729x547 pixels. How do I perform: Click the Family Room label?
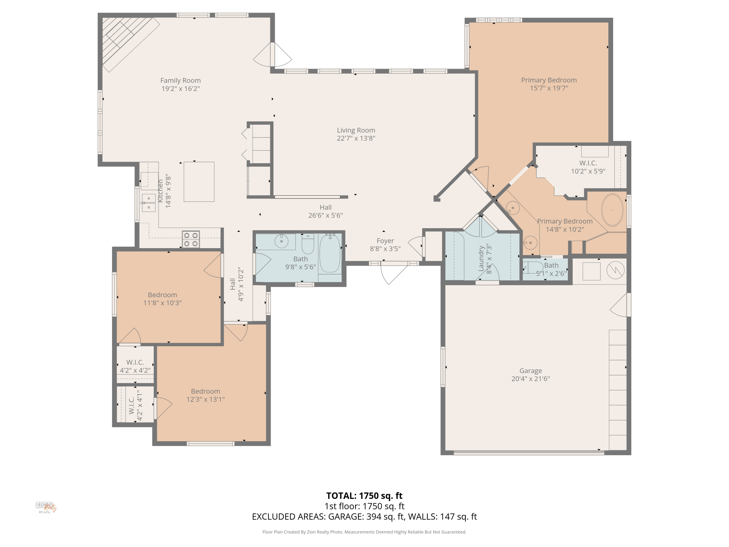pos(180,80)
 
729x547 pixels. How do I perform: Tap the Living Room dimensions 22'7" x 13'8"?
pos(356,138)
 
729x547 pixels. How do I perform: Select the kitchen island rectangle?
pos(199,182)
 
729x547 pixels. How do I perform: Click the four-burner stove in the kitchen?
pos(191,239)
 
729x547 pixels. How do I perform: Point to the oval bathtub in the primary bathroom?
pos(612,210)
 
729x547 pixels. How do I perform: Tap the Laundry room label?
pos(481,259)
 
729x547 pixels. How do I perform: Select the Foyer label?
pos(385,241)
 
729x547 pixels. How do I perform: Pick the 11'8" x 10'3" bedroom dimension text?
pos(163,303)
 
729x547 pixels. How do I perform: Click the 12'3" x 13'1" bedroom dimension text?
pos(206,399)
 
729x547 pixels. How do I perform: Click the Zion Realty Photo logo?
pos(46,507)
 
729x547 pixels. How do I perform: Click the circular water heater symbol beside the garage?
pos(615,270)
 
